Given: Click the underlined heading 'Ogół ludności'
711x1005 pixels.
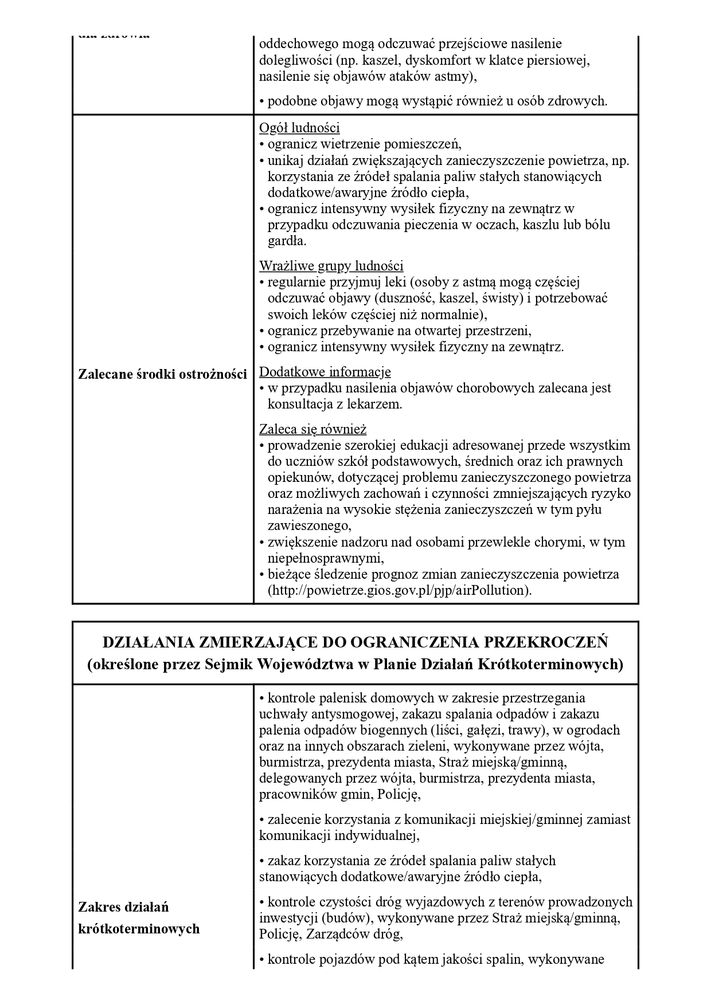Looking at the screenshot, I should tap(299, 128).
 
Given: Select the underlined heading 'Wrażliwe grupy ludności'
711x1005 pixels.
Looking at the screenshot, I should tap(331, 266).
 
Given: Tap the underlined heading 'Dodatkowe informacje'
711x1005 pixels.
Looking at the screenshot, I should tap(325, 372).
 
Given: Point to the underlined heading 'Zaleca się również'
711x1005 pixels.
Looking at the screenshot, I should tap(312, 429).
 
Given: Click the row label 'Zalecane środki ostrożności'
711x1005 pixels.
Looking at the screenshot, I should tap(162, 374).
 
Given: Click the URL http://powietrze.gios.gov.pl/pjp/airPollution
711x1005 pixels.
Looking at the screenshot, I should tap(400, 590).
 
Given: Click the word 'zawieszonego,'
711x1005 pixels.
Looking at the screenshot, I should tap(309, 525).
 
